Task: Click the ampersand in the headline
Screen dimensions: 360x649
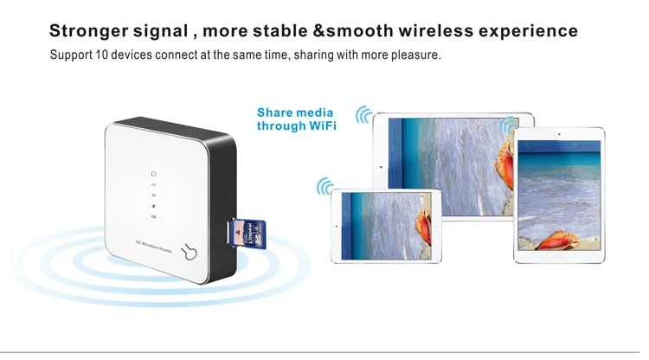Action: click(318, 31)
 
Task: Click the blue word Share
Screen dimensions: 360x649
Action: click(276, 112)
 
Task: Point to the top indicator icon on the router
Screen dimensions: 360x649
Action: click(153, 173)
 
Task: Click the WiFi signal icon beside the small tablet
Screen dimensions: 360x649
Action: click(325, 187)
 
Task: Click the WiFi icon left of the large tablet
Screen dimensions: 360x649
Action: click(364, 115)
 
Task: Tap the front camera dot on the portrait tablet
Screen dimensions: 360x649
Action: click(559, 134)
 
